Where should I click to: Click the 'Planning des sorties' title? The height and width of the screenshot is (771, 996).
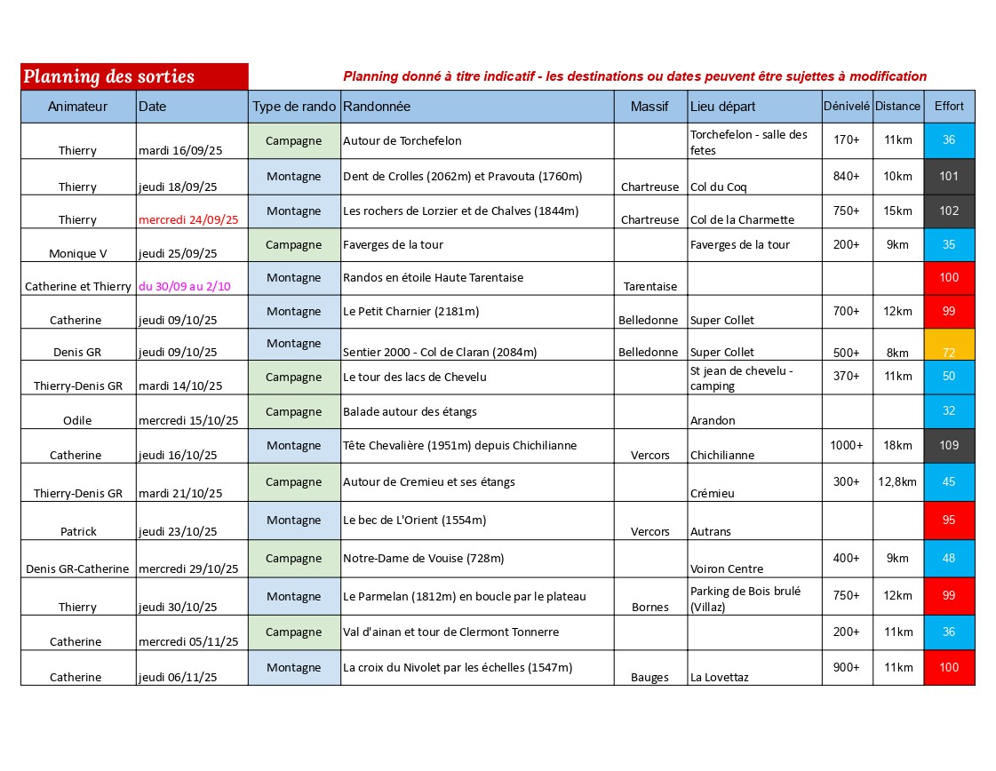click(x=109, y=76)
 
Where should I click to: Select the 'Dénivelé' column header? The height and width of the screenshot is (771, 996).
click(x=847, y=107)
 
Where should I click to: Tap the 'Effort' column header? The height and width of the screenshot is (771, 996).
click(x=949, y=107)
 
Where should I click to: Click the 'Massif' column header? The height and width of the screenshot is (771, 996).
click(x=649, y=107)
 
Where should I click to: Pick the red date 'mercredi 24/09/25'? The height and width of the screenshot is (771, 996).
click(x=188, y=220)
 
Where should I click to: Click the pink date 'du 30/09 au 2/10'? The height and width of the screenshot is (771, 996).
click(x=184, y=287)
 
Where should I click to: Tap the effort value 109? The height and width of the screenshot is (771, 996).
click(x=949, y=446)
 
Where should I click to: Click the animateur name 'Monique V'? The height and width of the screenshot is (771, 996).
click(x=78, y=254)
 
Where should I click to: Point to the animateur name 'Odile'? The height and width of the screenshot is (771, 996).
click(x=78, y=421)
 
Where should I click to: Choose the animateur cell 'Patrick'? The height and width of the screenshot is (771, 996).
click(x=78, y=532)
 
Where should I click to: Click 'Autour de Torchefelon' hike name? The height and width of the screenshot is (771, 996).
click(x=402, y=140)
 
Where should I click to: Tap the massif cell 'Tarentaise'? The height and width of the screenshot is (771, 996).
click(x=650, y=287)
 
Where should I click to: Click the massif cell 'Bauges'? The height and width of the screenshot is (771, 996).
click(x=650, y=678)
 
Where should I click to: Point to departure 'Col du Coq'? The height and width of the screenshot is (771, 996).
click(x=719, y=187)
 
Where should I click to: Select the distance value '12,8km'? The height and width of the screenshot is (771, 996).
click(x=897, y=482)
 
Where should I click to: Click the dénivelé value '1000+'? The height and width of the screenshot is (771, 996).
click(x=847, y=446)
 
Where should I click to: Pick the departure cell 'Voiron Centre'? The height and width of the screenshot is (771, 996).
click(x=727, y=569)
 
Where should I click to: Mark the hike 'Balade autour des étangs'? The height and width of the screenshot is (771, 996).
click(x=410, y=412)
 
